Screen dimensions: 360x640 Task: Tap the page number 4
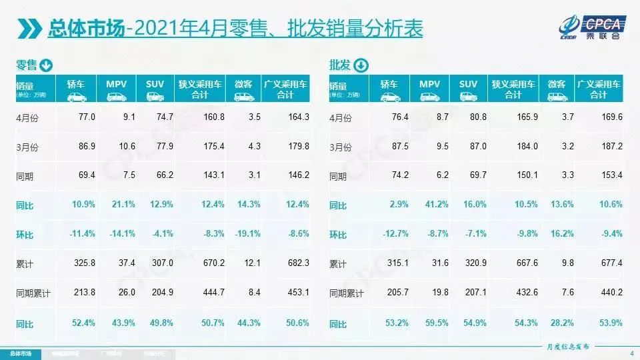[631, 353]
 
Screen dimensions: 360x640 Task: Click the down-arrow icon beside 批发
[360, 65]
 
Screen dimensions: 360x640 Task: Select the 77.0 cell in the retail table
[88, 117]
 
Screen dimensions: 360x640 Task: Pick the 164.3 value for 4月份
[297, 117]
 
